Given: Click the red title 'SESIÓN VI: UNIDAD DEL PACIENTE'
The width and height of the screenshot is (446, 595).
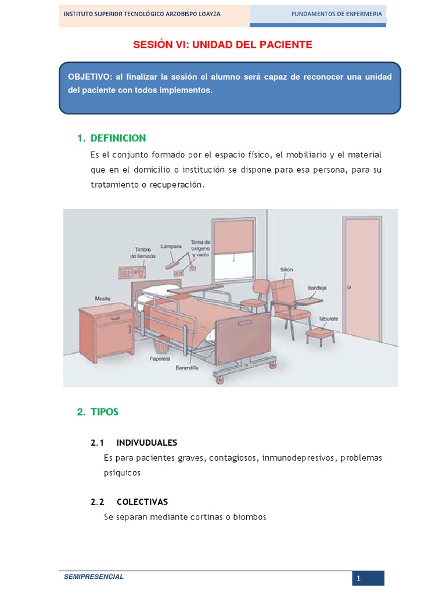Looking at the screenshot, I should (222, 45).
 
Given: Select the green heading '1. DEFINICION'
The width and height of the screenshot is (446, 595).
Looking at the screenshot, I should (111, 138).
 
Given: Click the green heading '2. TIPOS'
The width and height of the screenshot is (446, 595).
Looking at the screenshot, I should (98, 412).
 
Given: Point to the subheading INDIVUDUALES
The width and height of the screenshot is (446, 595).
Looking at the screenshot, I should (147, 443).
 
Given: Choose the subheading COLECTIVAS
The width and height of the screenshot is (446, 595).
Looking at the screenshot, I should (142, 502).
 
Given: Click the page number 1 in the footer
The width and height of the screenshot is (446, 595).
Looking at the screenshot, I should (359, 578).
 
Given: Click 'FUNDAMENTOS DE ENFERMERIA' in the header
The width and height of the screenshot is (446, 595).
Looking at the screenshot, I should (336, 14).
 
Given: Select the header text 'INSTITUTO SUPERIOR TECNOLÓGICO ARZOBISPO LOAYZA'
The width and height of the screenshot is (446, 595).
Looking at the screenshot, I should (142, 14).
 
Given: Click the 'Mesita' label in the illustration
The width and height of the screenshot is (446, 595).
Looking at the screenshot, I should (103, 299).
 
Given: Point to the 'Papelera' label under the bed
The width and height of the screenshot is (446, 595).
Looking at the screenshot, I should (159, 359).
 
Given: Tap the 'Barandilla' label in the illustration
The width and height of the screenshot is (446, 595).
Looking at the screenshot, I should (186, 368).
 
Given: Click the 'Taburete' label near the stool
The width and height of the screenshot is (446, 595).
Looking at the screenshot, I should (328, 319).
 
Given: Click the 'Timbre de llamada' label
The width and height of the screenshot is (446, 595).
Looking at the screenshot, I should (142, 253).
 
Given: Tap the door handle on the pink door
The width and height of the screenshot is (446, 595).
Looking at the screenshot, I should (350, 288).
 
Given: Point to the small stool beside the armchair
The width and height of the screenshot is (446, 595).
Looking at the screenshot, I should (319, 336).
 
